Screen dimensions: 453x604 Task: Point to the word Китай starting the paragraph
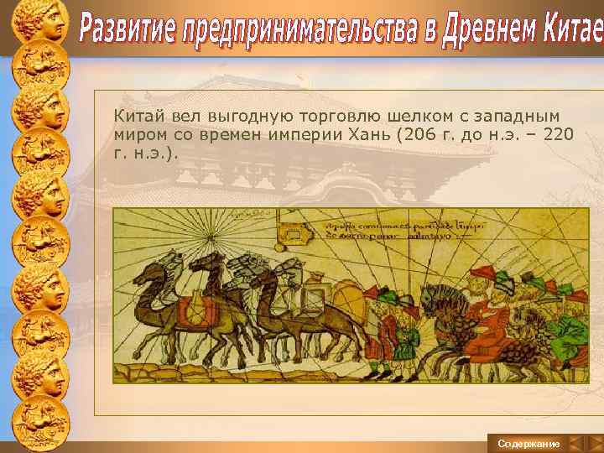click(133, 114)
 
